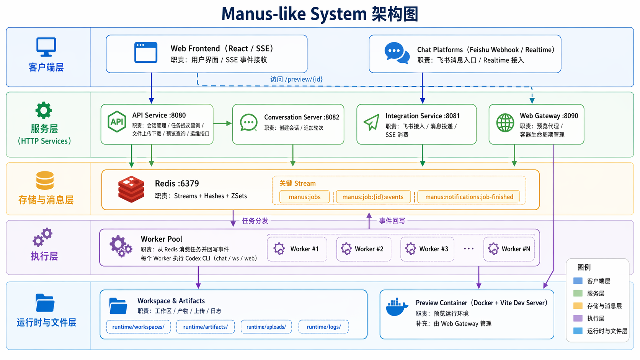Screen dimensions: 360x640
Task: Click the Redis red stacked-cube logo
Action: tap(131, 189)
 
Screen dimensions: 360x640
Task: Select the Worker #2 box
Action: tap(364, 249)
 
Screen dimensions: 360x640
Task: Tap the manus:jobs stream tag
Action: tap(305, 197)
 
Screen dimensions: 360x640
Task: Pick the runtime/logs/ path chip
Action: tap(323, 327)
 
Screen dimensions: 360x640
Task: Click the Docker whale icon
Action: tap(397, 307)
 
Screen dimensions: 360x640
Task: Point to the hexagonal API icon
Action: tap(117, 122)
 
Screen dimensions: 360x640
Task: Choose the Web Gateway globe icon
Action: tap(505, 123)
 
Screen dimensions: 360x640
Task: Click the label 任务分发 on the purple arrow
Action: tap(255, 221)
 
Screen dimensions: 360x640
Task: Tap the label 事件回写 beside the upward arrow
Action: tap(392, 221)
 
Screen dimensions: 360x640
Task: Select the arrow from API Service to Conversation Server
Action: tap(223, 123)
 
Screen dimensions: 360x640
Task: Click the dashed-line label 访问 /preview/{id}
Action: tap(296, 79)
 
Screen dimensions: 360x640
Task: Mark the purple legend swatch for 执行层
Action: tap(578, 318)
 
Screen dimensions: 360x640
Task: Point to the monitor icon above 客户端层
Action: tap(46, 47)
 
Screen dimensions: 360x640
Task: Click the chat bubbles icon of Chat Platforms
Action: tap(397, 53)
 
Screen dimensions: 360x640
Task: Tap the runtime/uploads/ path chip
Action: tap(266, 327)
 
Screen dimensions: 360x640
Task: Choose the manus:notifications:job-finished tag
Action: tap(469, 197)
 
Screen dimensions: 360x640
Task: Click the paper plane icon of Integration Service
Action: tap(371, 122)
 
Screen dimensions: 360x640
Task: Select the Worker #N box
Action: tap(509, 249)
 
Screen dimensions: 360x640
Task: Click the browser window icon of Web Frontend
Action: tap(146, 52)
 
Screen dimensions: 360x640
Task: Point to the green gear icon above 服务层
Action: tap(44, 111)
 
